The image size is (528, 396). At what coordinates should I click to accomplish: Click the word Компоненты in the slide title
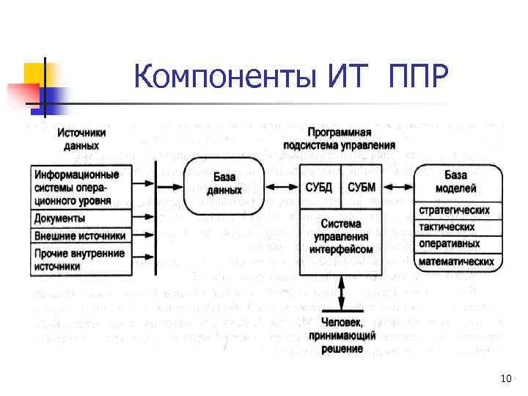pyautogui.click(x=223, y=76)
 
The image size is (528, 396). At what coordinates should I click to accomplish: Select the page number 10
pyautogui.click(x=504, y=378)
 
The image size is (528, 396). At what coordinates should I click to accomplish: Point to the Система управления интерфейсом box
pyautogui.click(x=342, y=237)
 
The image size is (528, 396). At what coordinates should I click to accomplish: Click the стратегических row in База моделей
pyautogui.click(x=455, y=210)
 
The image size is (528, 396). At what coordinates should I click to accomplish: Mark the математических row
pyautogui.click(x=455, y=261)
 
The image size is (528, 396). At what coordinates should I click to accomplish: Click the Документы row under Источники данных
pyautogui.click(x=81, y=218)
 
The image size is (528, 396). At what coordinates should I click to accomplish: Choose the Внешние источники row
pyautogui.click(x=81, y=235)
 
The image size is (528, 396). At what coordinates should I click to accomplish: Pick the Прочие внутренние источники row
pyautogui.click(x=81, y=260)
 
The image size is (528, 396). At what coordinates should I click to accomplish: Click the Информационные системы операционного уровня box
pyautogui.click(x=81, y=188)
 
